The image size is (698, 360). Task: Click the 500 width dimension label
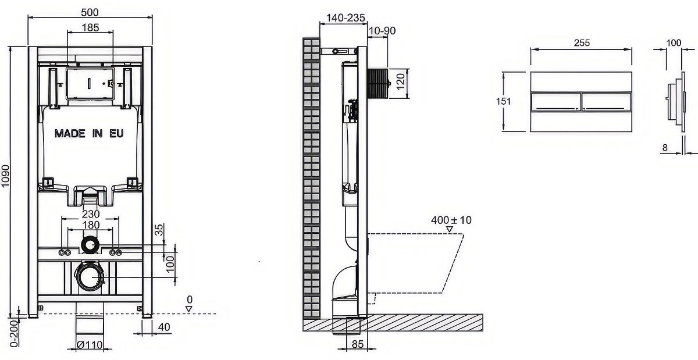[90, 12]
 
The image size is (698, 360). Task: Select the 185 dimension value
[90, 28]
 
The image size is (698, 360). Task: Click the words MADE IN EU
[89, 133]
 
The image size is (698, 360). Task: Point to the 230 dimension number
[91, 214]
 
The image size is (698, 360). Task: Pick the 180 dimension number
[91, 224]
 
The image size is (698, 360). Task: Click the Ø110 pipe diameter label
[90, 345]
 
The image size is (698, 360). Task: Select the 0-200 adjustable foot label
[14, 333]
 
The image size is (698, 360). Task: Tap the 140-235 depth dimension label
[346, 18]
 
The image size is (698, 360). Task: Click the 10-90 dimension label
[382, 31]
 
